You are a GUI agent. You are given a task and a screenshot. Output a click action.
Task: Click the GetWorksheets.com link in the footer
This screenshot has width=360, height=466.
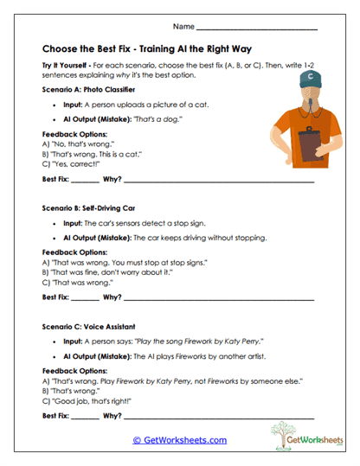[179, 440]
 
